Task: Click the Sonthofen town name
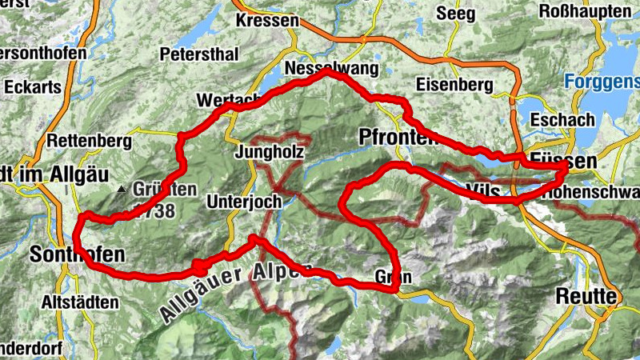point(77,255)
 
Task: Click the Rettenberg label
point(89,141)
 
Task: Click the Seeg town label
point(456,13)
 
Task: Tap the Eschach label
point(567,119)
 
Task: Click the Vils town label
point(482,191)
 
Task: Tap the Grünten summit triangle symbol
point(121,190)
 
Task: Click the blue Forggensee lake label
point(602,82)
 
